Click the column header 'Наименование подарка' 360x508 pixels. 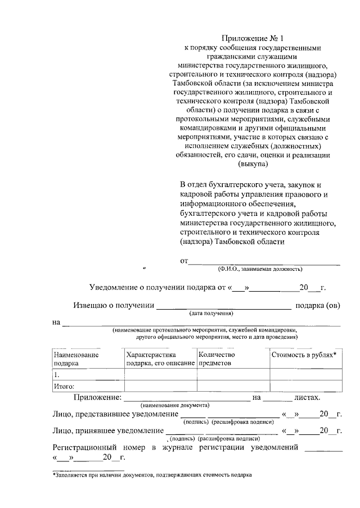(x=75, y=359)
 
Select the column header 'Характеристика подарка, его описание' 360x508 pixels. (x=160, y=359)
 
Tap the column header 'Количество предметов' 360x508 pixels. (x=216, y=359)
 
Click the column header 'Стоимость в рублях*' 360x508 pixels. (x=304, y=355)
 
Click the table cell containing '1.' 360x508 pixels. (x=87, y=375)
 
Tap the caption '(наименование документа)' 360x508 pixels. (x=175, y=405)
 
